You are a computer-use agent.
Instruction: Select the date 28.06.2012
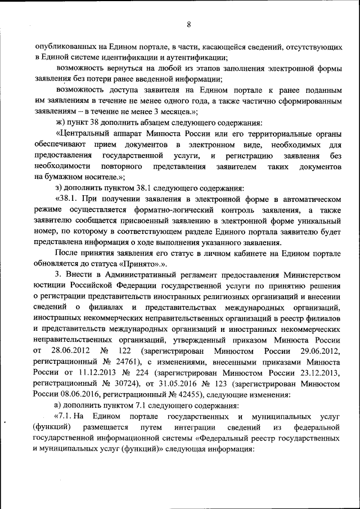coord(69,350)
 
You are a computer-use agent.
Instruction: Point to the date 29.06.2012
coord(317,350)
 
